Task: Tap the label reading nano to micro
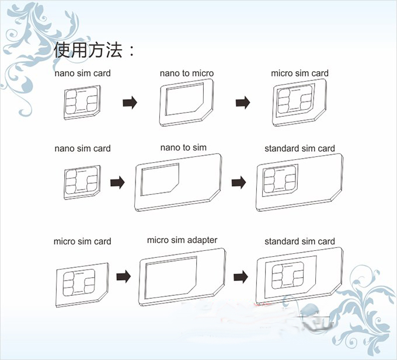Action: (x=187, y=74)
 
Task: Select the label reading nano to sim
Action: (x=183, y=148)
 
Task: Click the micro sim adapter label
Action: (x=182, y=240)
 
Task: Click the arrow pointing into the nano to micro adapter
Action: (x=130, y=103)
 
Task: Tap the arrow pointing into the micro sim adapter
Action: (x=123, y=276)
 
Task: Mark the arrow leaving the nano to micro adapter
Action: (x=243, y=103)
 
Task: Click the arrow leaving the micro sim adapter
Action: (x=241, y=276)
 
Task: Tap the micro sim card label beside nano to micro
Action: (x=300, y=74)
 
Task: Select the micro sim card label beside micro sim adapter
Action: (x=82, y=242)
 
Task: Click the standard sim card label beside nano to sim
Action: (x=300, y=148)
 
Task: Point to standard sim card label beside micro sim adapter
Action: (x=300, y=242)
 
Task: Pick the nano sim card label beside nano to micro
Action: (x=82, y=74)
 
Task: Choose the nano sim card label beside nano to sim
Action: (x=82, y=148)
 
